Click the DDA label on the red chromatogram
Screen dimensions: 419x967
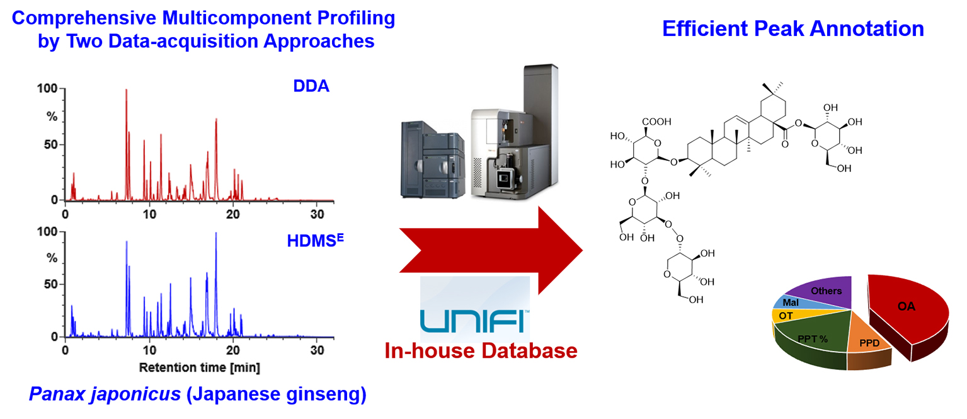pyautogui.click(x=311, y=86)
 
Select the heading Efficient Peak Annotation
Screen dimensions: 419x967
pyautogui.click(x=792, y=28)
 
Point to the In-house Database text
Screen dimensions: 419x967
pyautogui.click(x=481, y=350)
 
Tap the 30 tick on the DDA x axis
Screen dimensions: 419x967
pyautogui.click(x=317, y=214)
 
